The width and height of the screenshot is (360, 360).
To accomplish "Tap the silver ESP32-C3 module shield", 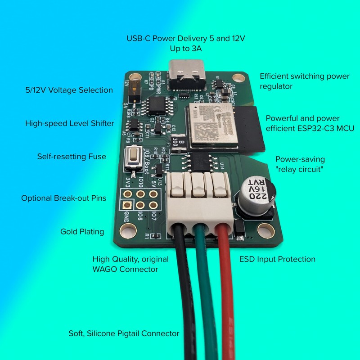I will [x=214, y=124].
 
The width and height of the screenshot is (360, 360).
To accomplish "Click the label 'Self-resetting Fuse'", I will [x=72, y=157].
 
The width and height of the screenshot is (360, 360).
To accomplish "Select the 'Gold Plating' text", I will [x=82, y=232].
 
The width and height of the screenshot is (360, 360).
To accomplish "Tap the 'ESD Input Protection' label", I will [x=277, y=259].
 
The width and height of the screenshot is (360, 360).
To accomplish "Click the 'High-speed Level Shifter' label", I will [x=69, y=123].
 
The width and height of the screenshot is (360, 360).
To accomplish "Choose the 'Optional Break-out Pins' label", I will [x=63, y=198].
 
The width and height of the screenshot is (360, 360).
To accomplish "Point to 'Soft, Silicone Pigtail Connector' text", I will [x=124, y=333].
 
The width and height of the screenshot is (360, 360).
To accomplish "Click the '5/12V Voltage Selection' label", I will [x=69, y=90].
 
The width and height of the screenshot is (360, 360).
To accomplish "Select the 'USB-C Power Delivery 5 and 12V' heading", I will [x=185, y=38].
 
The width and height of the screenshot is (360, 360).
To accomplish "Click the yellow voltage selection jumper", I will [x=133, y=91].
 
